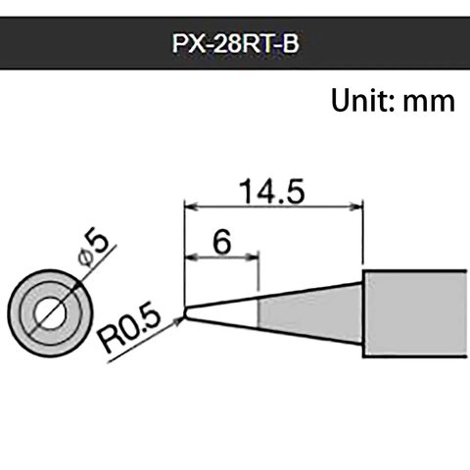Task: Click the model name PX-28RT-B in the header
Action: pos(235,45)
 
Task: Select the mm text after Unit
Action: pos(428,101)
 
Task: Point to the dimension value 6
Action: pos(220,242)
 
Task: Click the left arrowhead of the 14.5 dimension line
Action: pos(190,207)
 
